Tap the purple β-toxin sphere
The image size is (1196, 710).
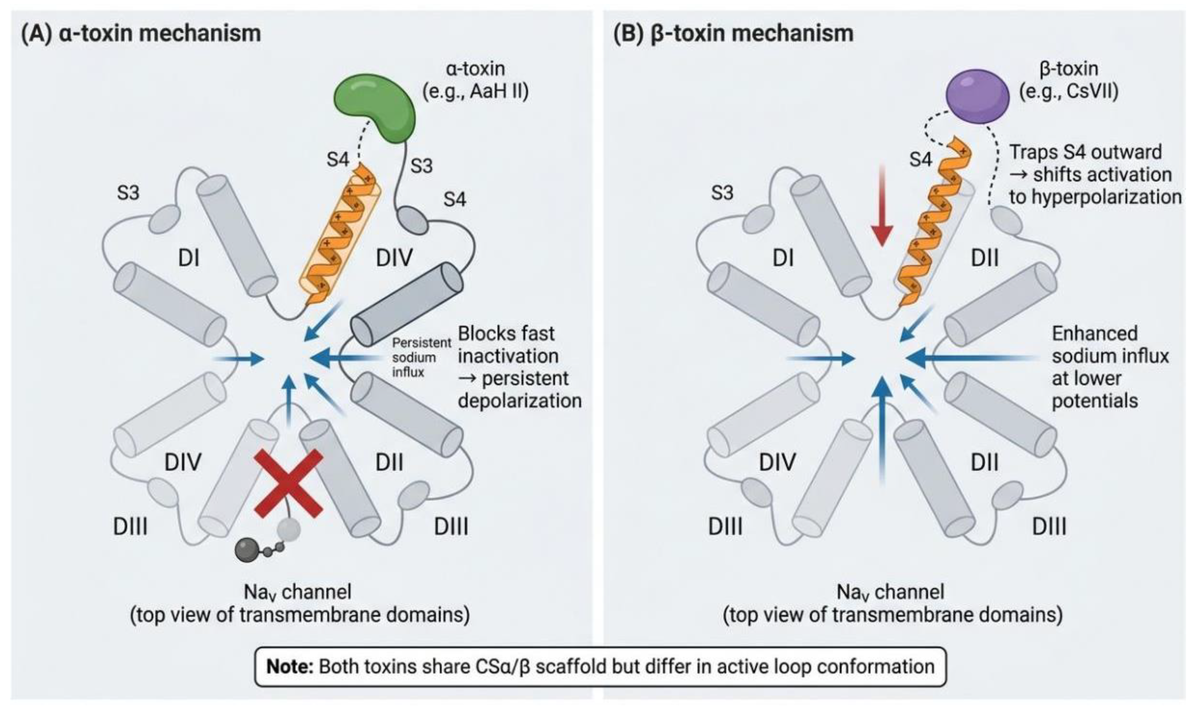(978, 96)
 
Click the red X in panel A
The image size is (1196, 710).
(288, 484)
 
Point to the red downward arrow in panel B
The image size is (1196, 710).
(882, 205)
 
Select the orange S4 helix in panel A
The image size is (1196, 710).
(341, 234)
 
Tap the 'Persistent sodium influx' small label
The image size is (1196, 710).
(421, 357)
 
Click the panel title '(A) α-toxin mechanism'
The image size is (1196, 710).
(141, 34)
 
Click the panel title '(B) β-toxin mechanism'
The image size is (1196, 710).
(733, 34)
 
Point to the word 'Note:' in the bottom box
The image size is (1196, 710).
(290, 666)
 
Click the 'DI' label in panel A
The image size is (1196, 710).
(189, 258)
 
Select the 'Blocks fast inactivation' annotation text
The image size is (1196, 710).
(508, 345)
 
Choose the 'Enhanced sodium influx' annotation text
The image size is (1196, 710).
(1110, 345)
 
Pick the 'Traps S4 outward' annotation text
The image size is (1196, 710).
(1085, 152)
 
